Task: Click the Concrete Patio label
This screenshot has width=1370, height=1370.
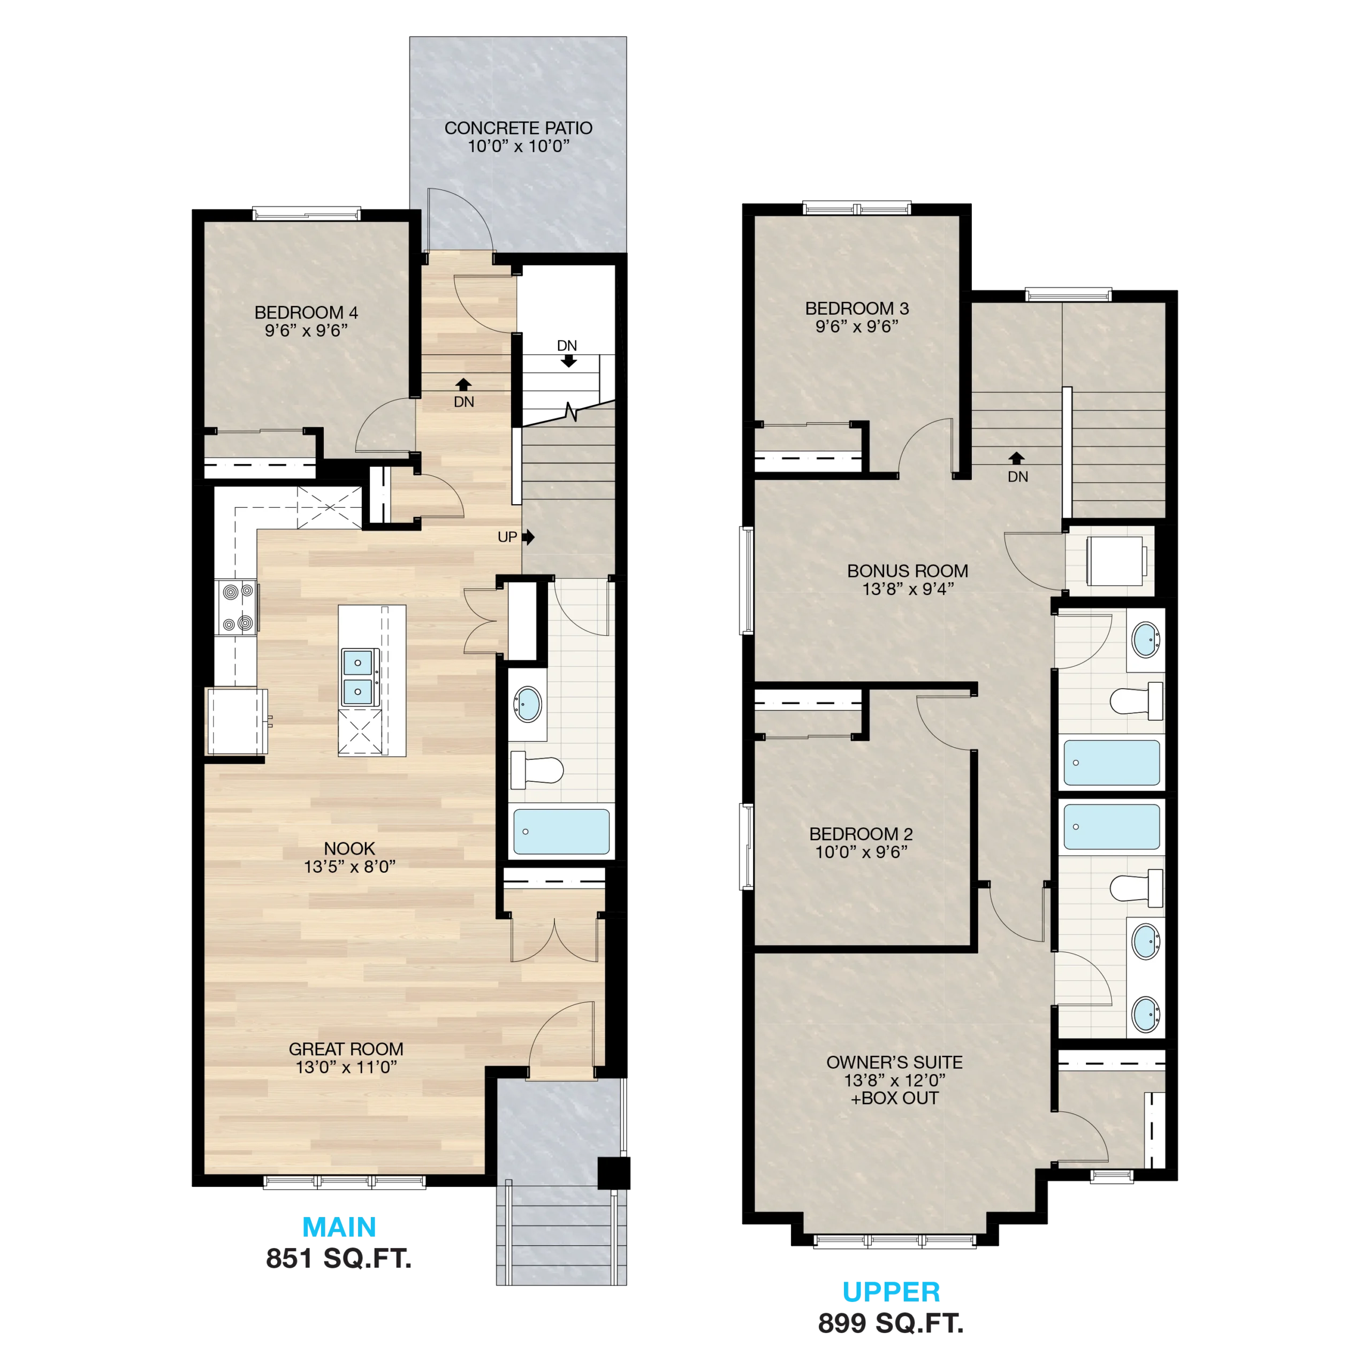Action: coord(519,128)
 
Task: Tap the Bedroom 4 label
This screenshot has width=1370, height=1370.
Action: coord(306,313)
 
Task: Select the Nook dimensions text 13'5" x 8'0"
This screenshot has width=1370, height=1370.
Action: coord(349,866)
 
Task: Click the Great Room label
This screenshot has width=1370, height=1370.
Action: coord(346,1049)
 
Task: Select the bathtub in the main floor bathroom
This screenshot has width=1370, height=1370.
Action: coord(561,832)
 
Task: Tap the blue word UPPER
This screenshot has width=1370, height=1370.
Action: coord(892,1292)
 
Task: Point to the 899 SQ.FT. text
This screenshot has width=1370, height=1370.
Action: coord(892,1324)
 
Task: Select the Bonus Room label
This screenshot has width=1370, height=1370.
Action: coord(908,571)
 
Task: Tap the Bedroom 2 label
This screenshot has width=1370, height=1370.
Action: coord(861,834)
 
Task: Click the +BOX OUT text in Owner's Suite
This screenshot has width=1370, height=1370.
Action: coord(895,1099)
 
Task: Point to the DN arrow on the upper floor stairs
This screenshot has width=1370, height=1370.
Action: coord(1017,458)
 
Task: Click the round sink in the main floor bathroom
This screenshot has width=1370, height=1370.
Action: coord(528,704)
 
